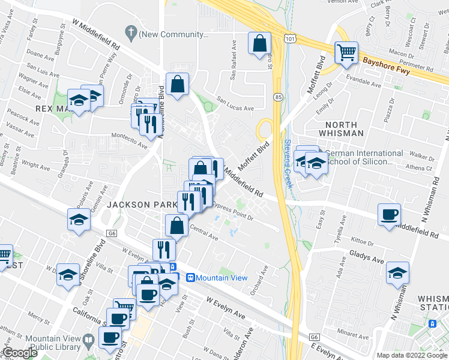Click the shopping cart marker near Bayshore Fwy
coord(346,52)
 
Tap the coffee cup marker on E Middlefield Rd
coord(389,214)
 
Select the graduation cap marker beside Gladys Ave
coord(397,273)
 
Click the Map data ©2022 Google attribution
coord(412,355)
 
